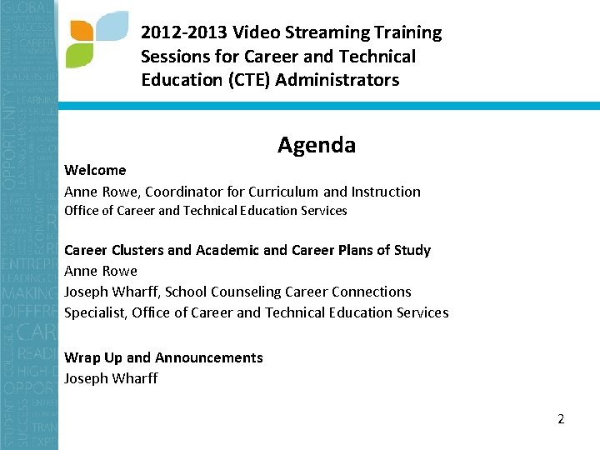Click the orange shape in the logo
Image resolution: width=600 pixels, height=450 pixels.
82,30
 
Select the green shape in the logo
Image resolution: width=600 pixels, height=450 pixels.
79,55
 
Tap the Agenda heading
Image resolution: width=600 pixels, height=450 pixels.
317,146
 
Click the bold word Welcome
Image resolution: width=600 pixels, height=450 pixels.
95,171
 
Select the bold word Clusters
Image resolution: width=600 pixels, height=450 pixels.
137,250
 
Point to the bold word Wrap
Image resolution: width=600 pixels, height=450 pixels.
82,358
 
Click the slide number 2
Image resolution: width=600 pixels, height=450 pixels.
561,419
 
